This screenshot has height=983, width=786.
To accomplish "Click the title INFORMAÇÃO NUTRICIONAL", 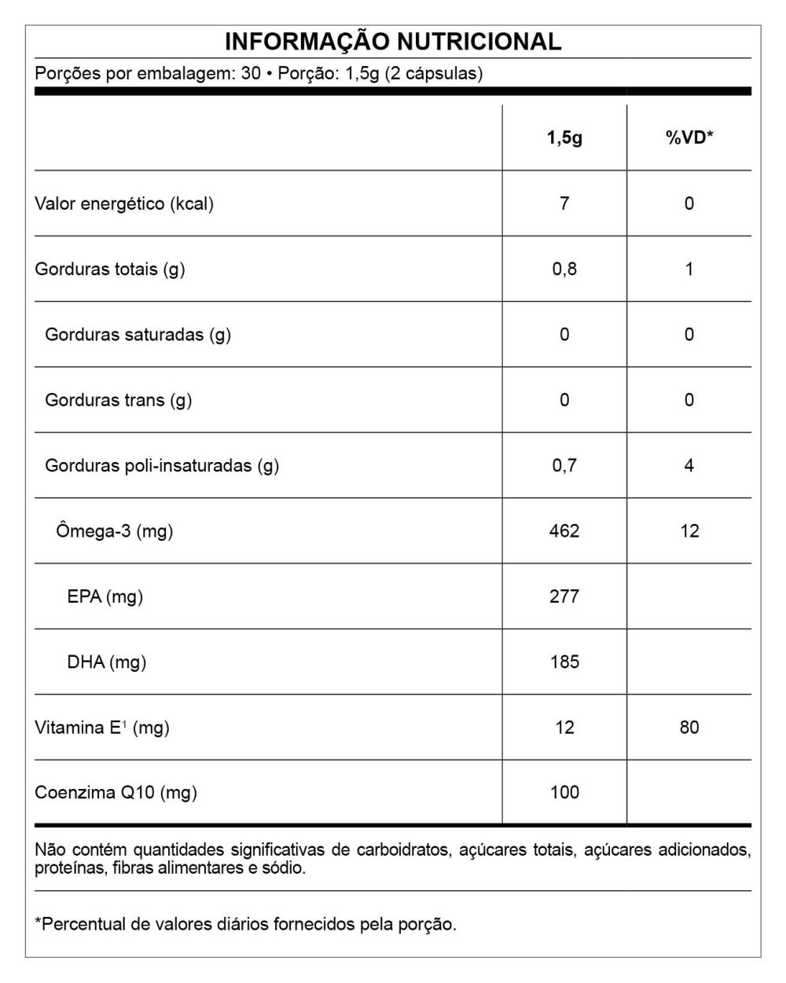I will [393, 42].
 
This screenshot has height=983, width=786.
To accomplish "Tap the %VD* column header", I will [689, 138].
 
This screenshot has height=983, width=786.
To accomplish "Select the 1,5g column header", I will [564, 138].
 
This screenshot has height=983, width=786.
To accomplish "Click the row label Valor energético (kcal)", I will [124, 204].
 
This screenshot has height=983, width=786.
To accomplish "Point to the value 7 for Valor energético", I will [564, 204].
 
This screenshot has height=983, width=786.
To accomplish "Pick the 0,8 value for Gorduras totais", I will [564, 269].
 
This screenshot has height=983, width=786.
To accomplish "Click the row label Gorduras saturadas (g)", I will [138, 335].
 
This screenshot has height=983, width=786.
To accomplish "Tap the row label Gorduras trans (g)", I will [118, 400].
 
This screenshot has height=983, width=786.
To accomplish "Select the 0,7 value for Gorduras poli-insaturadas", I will [564, 465].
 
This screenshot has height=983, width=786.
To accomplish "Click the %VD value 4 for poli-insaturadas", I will [689, 465].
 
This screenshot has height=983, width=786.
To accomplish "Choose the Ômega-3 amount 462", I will [564, 531].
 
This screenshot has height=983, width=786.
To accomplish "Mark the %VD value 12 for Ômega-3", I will [689, 531].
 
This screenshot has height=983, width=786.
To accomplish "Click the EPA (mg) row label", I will [105, 596].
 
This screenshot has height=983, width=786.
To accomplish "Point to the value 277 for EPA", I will [564, 596].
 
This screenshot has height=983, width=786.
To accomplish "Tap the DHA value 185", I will [564, 662].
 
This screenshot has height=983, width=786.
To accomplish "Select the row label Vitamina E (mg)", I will [102, 728].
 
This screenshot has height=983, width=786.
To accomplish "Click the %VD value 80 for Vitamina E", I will [689, 728].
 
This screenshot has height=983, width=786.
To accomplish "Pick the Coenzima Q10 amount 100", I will [564, 792].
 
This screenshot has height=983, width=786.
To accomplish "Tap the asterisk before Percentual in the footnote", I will [38, 922].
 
